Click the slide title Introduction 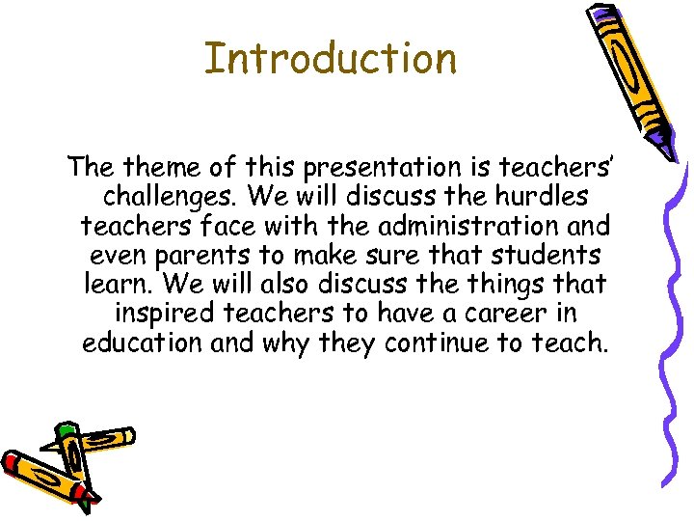pos(331,58)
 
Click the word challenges pos(170,197)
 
